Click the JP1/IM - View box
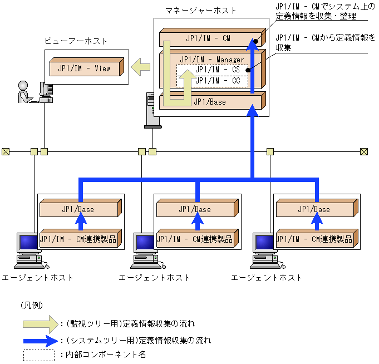pos(87,67)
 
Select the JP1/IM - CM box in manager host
pos(213,37)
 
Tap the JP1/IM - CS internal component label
pos(217,70)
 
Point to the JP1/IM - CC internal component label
pos(217,81)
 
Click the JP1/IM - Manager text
pos(211,59)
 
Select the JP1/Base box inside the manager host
pos(213,101)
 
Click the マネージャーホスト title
pos(200,11)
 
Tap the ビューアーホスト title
pos(76,41)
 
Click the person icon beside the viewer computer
pos(24,92)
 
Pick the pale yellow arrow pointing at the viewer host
pos(141,67)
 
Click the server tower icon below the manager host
pos(152,110)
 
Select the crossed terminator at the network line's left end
pos(6,152)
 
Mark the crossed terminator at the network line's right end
pos(364,152)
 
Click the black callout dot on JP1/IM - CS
pos(248,70)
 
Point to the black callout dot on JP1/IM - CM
pos(255,41)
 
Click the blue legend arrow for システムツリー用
pos(41,341)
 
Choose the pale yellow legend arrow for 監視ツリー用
pos(41,324)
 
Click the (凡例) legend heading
pos(32,305)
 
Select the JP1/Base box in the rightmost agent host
pos(317,208)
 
